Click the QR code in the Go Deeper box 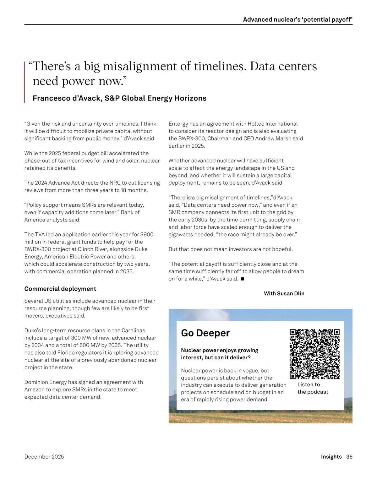point(314,354)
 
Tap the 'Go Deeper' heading point(205,333)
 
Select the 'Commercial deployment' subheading point(60,289)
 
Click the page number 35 point(349,457)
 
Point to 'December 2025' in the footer point(44,457)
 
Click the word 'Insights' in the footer point(331,457)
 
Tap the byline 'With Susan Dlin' point(284,294)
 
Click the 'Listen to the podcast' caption point(313,388)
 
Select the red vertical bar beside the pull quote point(25,82)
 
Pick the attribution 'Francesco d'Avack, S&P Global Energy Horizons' point(119,98)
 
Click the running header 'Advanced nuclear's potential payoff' point(298,19)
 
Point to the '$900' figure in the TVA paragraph point(147,235)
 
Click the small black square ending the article point(242,279)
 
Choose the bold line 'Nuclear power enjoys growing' point(219,350)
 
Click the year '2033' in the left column point(127,271)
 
